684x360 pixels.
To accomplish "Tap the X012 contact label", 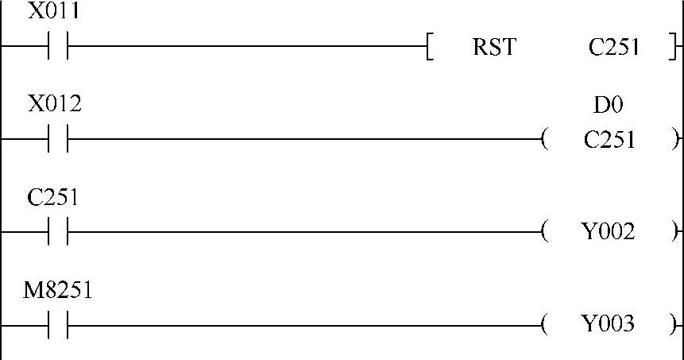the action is point(55,104).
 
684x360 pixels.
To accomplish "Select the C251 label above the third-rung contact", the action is point(52,197).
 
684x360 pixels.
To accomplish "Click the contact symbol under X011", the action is point(57,47).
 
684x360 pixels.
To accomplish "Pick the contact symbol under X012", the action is point(57,140).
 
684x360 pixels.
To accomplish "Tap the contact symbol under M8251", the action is point(57,325).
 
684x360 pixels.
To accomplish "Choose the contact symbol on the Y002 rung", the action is point(57,232).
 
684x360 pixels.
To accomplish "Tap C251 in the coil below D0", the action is point(609,141).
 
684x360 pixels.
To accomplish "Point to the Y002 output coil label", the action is point(609,233).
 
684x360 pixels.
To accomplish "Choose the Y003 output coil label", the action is point(609,325).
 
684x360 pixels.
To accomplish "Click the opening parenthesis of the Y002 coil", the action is point(544,233).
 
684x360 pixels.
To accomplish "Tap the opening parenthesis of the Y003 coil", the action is point(544,325).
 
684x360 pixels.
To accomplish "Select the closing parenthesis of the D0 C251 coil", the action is point(675,141).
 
